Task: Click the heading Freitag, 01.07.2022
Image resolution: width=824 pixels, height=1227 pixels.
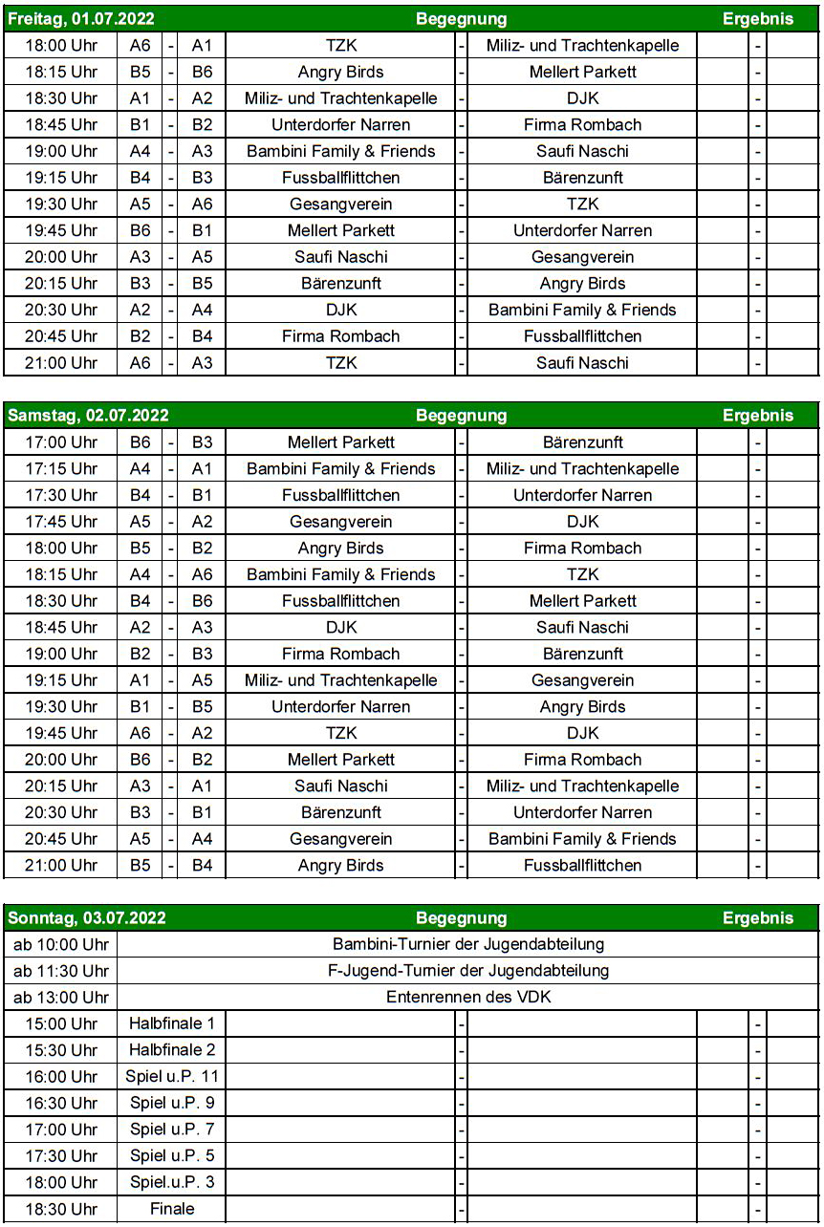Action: (x=81, y=19)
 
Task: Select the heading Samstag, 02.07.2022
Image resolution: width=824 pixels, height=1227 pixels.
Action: (x=88, y=416)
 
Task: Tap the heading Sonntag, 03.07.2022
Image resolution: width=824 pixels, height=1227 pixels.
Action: (x=87, y=918)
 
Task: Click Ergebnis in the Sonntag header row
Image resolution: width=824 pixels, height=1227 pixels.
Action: (x=757, y=918)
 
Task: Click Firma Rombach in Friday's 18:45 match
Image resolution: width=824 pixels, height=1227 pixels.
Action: (x=582, y=125)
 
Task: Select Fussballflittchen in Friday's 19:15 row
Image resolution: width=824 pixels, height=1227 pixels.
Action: (x=340, y=178)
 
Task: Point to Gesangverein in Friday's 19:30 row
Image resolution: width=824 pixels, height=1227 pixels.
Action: (x=340, y=204)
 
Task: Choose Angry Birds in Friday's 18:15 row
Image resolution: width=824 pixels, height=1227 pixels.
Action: (x=340, y=72)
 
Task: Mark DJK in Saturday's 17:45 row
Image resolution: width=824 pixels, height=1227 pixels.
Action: (x=582, y=522)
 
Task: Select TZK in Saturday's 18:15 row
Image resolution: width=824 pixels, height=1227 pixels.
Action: (x=582, y=574)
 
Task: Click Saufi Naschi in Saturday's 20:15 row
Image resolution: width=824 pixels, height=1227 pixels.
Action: (x=340, y=786)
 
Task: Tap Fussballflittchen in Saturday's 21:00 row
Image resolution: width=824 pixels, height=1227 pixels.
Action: (x=582, y=866)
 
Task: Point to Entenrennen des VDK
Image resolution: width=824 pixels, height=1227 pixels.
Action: (x=468, y=998)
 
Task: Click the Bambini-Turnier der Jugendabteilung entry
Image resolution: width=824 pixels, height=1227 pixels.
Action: (x=468, y=945)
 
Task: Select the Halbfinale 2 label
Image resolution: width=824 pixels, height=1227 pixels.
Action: (x=172, y=1050)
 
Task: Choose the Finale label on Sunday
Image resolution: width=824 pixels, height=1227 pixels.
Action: (x=172, y=1209)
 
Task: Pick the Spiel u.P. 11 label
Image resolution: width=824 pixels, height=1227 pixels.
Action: (x=172, y=1077)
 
